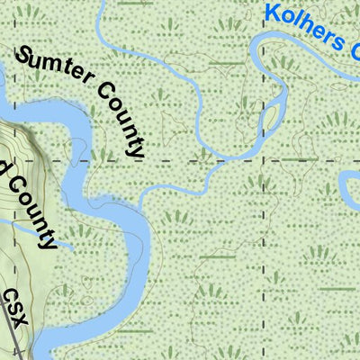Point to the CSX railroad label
[16, 307]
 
